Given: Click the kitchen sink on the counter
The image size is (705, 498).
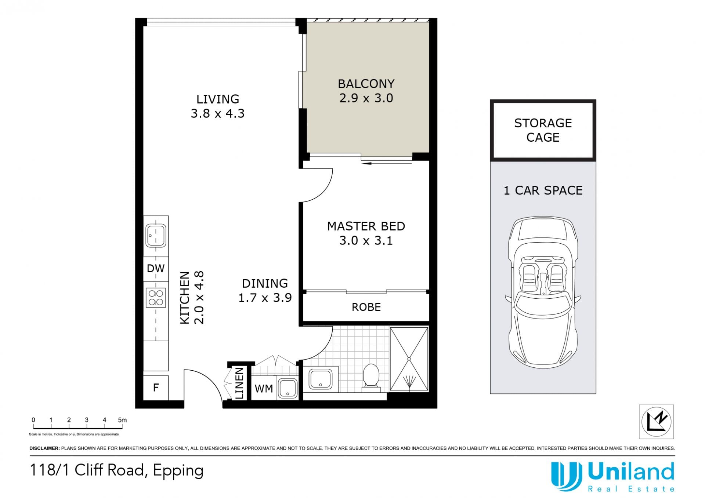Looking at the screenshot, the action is coord(156,236).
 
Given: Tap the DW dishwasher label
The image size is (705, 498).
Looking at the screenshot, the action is coord(156,269).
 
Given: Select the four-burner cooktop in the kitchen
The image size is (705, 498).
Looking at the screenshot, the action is coord(156,298).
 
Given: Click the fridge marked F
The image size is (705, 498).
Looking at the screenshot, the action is coord(156,388).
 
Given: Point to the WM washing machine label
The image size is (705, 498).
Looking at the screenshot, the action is coord(264,389).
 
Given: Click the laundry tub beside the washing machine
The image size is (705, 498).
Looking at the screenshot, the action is coord(288,389).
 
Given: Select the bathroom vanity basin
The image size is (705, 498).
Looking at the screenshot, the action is coord(321,379).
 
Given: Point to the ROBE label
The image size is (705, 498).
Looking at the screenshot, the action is coord(366,307).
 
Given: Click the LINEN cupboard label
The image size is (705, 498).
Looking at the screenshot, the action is coord(239,384).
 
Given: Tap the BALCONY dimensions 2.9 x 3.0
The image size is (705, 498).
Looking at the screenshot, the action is coord(366,98).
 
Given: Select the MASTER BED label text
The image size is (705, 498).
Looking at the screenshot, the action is coord(366,226).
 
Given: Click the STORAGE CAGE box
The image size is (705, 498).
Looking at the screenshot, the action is coord(543,130).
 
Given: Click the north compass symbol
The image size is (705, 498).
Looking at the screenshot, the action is coord(656,421).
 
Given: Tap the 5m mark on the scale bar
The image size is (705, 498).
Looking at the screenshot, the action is coord(122,420).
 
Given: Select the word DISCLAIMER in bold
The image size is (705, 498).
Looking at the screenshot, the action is coord(44,448).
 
